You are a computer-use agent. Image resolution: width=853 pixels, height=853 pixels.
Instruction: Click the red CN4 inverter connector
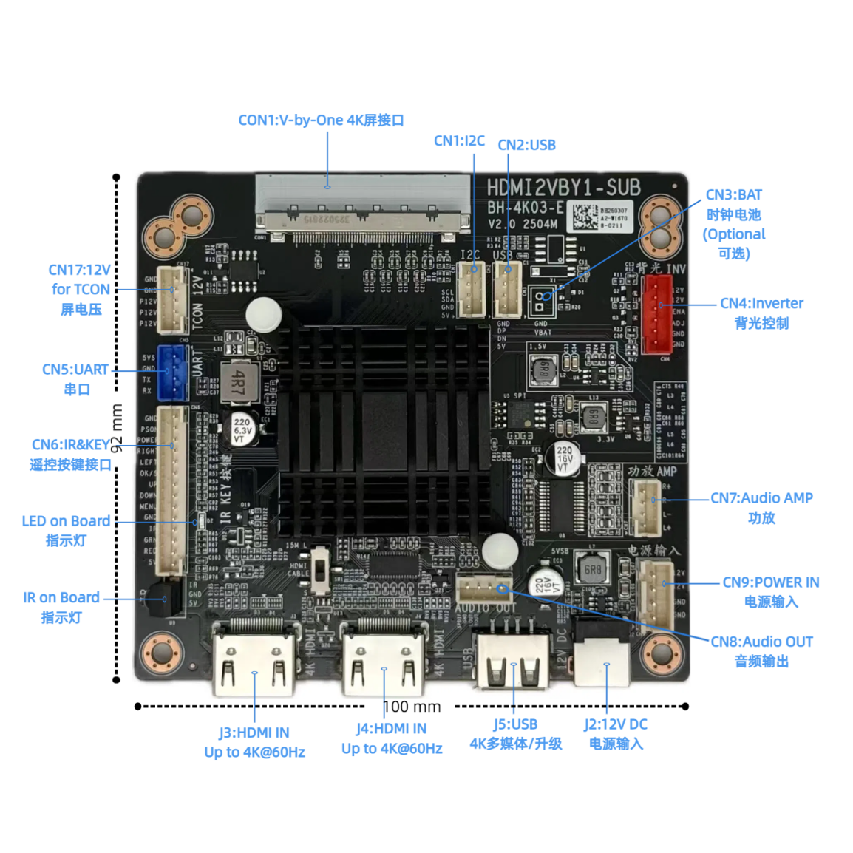656,313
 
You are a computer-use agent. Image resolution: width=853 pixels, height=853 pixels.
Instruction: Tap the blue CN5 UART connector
171,372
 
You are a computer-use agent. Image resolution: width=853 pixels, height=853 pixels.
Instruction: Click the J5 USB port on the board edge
513,662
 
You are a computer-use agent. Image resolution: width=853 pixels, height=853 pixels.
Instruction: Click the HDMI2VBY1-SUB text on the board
563,187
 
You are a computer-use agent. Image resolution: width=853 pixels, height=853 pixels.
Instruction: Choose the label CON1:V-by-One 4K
321,120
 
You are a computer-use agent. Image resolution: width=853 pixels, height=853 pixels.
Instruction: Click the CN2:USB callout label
526,145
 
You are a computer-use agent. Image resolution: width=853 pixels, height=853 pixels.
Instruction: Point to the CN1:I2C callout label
459,140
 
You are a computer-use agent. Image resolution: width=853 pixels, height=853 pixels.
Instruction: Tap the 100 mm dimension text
412,707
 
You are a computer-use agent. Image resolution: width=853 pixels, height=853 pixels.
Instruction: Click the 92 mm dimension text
117,428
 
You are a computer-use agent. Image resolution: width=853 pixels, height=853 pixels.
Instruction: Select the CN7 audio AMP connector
645,507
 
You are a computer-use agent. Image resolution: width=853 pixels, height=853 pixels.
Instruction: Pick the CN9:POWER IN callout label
770,582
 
